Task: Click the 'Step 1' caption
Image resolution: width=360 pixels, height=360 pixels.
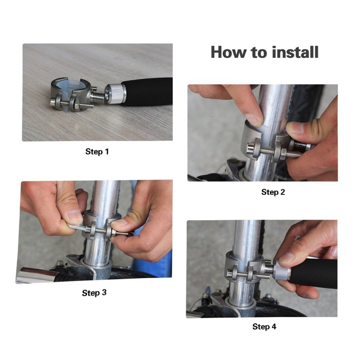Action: pos(97,152)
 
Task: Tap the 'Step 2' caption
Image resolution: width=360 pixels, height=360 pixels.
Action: pos(273,192)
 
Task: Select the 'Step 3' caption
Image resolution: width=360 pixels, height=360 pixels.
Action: pos(94,293)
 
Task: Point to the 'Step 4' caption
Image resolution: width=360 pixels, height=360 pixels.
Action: pos(264,327)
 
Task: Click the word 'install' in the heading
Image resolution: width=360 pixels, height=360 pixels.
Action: pos(295,52)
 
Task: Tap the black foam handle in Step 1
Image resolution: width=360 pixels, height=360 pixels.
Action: pos(147,91)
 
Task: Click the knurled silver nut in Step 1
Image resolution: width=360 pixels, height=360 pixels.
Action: pos(115,94)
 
